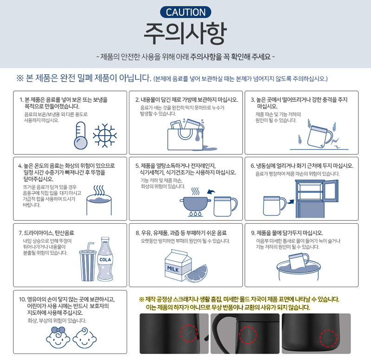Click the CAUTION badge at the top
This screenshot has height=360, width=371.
(x=185, y=12)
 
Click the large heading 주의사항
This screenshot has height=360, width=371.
(x=185, y=33)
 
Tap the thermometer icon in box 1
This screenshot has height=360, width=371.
(x=81, y=135)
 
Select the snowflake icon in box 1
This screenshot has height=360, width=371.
(x=105, y=135)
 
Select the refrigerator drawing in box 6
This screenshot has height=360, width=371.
(x=317, y=199)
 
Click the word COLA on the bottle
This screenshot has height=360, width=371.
(x=105, y=260)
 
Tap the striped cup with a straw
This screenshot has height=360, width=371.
(x=88, y=262)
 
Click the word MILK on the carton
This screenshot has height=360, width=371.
(x=173, y=269)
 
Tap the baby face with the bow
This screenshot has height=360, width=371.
(x=58, y=338)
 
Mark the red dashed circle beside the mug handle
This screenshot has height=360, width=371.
(x=248, y=335)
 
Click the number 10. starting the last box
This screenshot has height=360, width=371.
(x=22, y=299)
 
